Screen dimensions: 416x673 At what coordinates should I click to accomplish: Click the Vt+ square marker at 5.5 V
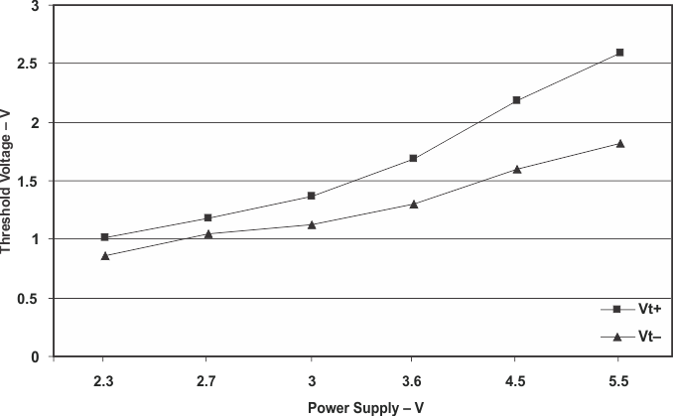coord(619,52)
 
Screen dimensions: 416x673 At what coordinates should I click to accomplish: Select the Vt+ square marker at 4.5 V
coord(516,100)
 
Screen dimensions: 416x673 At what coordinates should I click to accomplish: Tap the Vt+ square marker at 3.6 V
coord(413,158)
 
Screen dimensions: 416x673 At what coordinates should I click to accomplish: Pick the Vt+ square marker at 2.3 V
coord(105,237)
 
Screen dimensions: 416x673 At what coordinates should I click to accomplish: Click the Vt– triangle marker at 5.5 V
coord(619,144)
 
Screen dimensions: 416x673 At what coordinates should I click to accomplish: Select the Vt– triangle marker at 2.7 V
coord(207,234)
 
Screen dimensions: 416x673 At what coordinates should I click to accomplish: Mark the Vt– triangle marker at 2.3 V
coord(105,255)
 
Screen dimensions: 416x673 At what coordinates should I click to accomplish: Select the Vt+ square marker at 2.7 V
coord(207,217)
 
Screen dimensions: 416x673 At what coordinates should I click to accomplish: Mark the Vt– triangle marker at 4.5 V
coord(516,169)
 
